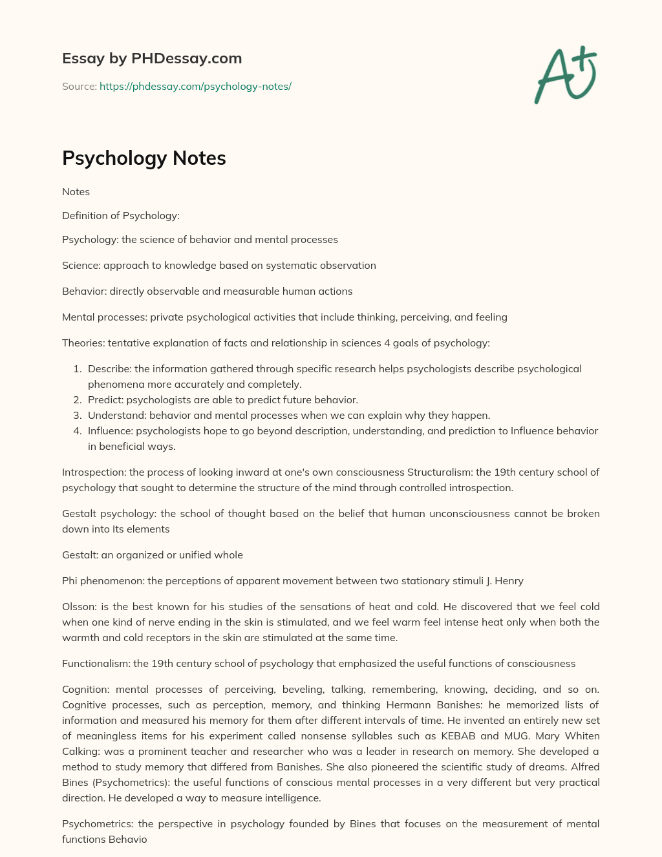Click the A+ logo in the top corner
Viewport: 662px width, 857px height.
[566, 74]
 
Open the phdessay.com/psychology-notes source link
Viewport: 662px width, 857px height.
[195, 86]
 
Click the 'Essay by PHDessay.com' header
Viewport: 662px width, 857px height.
[152, 58]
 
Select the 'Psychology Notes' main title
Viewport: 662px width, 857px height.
[144, 158]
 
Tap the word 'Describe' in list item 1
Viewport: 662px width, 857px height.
[109, 369]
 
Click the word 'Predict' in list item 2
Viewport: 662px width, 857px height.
[105, 400]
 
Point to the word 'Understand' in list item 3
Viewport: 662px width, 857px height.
[116, 416]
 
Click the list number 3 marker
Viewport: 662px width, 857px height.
[77, 416]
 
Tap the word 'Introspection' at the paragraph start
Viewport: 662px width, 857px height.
[94, 472]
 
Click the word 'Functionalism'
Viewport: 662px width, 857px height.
[96, 664]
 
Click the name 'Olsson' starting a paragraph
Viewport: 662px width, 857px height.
[78, 607]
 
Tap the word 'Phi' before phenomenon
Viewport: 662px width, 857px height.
[70, 581]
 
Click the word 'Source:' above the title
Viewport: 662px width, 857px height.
[79, 86]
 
